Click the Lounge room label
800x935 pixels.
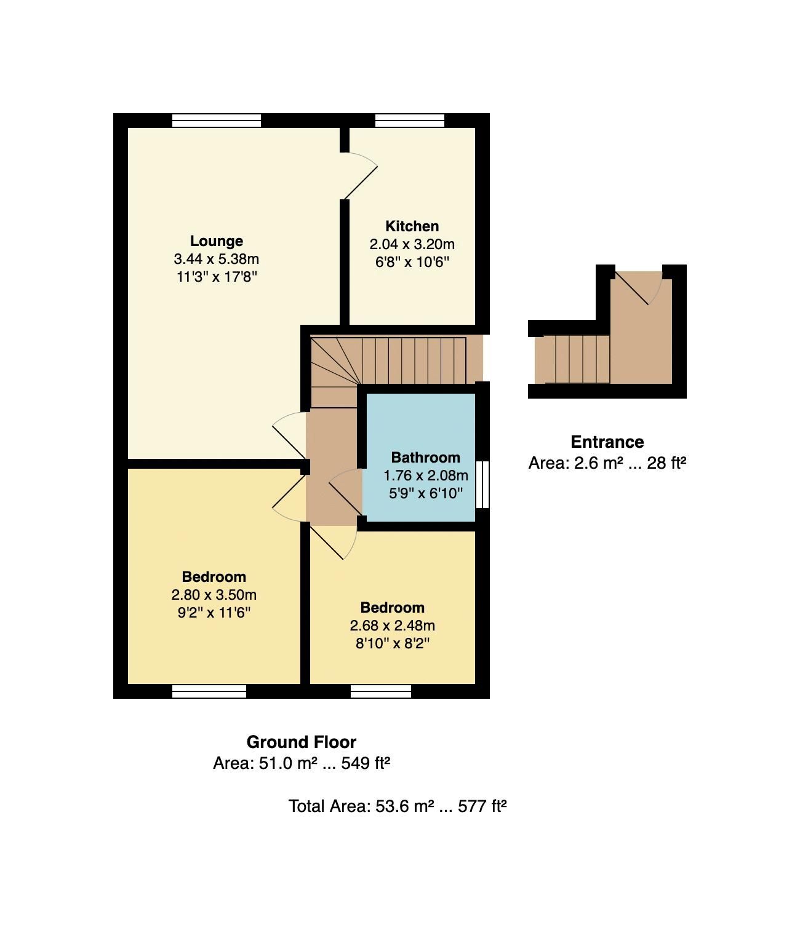(x=216, y=241)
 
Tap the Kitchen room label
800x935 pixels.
(x=412, y=226)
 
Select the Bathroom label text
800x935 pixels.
(x=425, y=457)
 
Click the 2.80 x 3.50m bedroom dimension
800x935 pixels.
(x=214, y=595)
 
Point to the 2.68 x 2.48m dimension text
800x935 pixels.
(x=392, y=626)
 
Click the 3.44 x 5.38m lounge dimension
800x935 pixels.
(x=216, y=259)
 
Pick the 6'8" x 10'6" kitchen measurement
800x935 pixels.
(x=412, y=261)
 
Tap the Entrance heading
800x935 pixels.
(x=607, y=442)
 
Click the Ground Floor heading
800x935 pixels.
(x=301, y=742)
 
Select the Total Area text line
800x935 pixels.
(x=397, y=806)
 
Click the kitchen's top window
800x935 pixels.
(x=410, y=120)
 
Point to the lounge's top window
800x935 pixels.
(x=216, y=120)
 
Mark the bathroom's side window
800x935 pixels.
(x=483, y=485)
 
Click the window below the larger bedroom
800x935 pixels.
(x=209, y=691)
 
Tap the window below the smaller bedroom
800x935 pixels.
(x=380, y=691)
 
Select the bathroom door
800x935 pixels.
(x=346, y=491)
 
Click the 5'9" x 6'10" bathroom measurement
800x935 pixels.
(x=425, y=493)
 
